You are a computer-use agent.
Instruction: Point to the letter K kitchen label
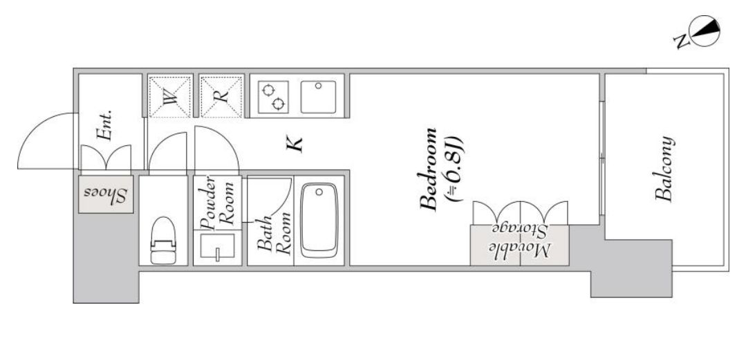pos(295,144)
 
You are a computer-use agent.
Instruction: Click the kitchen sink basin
pos(318,97)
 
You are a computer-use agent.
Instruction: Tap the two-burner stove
pos(274,97)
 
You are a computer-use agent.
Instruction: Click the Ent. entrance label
pos(104,126)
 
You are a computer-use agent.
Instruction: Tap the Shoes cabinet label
pos(105,194)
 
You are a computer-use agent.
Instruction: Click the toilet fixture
pos(163,240)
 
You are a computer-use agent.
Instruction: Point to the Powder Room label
pos(217,202)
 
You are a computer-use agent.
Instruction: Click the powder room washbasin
pos(217,246)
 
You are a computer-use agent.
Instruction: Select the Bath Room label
pos(274,234)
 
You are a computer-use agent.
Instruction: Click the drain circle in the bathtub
pos(319,192)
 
